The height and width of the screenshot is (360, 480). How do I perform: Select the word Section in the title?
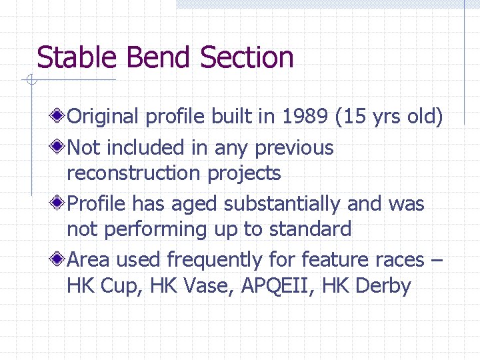click(x=247, y=57)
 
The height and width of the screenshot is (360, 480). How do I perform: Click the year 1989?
click(x=306, y=117)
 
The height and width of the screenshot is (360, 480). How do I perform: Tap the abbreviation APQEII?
click(x=274, y=286)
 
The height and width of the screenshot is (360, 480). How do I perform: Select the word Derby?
click(x=383, y=286)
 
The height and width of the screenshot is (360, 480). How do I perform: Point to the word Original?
click(x=103, y=117)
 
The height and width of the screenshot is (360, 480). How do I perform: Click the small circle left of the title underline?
click(x=30, y=81)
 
